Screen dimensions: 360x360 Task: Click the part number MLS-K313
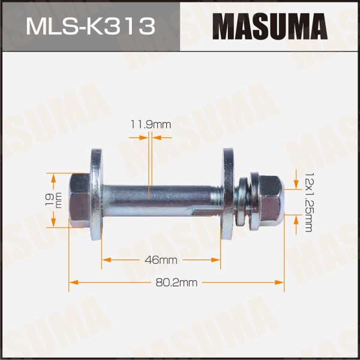click(91, 26)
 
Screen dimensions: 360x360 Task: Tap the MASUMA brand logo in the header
click(270, 26)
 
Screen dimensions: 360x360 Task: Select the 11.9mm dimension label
click(151, 125)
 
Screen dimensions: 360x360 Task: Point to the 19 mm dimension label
click(54, 200)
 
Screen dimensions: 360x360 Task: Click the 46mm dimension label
click(161, 260)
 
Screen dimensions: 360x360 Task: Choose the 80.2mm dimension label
click(176, 283)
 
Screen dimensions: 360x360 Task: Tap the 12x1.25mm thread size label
click(308, 202)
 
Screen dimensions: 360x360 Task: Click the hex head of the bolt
click(79, 200)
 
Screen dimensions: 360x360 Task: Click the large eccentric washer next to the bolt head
click(96, 194)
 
